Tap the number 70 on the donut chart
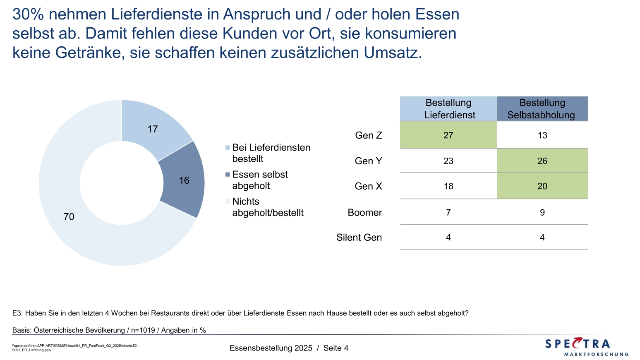[x=69, y=216]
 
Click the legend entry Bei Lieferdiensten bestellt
[x=271, y=153]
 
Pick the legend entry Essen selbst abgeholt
[x=259, y=180]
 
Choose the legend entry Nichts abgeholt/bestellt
[x=267, y=207]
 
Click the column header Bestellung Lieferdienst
[x=448, y=109]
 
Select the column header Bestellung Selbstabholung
[x=542, y=109]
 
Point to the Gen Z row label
[x=368, y=135]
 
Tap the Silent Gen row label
[x=359, y=238]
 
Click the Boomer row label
[x=364, y=212]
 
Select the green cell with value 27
[x=448, y=135]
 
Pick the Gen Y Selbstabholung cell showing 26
[x=542, y=161]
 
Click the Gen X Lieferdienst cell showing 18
[x=448, y=186]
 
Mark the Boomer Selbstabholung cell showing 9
[x=542, y=212]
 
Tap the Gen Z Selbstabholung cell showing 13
[x=542, y=135]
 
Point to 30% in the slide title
[x=28, y=14]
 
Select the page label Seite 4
[x=336, y=348]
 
